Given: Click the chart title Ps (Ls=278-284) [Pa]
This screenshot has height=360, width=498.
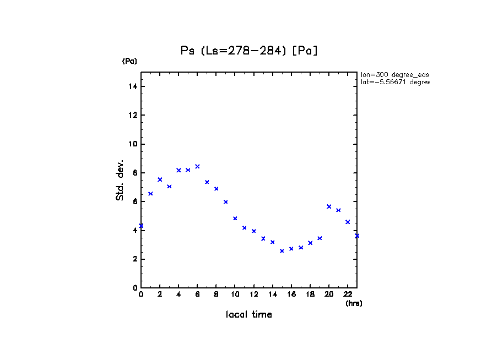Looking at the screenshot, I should coord(249,51).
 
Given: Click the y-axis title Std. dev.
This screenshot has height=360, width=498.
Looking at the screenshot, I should coord(120,180).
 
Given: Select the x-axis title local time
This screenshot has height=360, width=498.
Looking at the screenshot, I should coord(249,315).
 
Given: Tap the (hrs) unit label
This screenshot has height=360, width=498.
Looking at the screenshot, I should coord(354,303).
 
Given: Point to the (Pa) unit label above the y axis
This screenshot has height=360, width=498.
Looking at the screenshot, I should coord(129,61).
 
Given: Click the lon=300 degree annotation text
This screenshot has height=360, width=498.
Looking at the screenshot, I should coord(394,74).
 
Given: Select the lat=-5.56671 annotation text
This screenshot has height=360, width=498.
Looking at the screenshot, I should coord(394,82).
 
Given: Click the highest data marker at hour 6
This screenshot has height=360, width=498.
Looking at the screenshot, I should coord(197,166).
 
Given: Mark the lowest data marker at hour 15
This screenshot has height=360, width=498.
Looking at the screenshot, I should coord(282,251).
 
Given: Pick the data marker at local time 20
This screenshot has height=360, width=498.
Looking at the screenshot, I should coord(329,206).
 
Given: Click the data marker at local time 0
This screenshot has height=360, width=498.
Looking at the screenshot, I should coord(141,226).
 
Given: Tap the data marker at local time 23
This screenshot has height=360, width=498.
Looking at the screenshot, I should coord(357,236).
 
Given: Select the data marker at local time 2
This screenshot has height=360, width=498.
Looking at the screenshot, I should coord(160,179).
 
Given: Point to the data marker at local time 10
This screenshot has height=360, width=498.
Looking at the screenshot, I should coord(235,219).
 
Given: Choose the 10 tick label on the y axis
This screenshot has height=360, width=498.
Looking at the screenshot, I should coord(133,144).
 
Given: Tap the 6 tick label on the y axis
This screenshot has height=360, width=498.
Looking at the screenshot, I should coord(135,202).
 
